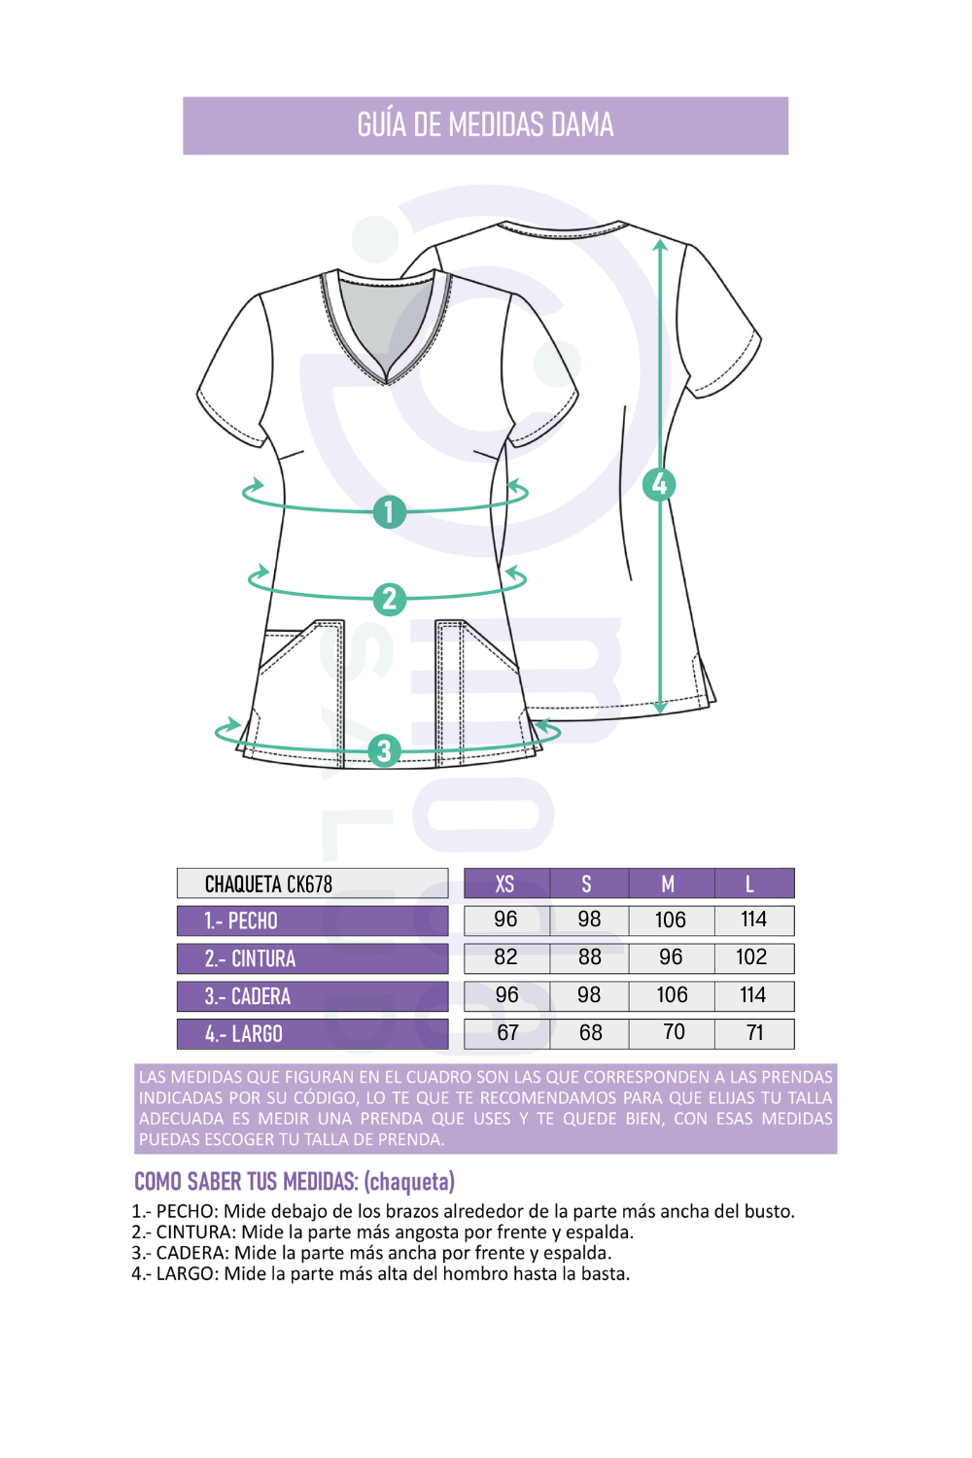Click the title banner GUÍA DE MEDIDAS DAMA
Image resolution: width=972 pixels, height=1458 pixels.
pyautogui.click(x=485, y=125)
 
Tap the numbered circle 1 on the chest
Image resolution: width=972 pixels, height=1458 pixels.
pyautogui.click(x=390, y=511)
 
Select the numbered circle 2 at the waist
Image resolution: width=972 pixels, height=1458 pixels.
pyautogui.click(x=390, y=599)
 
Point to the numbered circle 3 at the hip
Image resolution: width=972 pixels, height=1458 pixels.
pyautogui.click(x=384, y=750)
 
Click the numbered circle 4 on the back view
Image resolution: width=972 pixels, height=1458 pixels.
pyautogui.click(x=659, y=484)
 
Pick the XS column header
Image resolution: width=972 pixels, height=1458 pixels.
pyautogui.click(x=505, y=884)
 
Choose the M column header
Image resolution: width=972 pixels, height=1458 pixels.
pyautogui.click(x=672, y=884)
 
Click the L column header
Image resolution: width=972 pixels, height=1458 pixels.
pyautogui.click(x=754, y=884)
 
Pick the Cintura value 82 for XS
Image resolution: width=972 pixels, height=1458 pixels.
pyautogui.click(x=505, y=956)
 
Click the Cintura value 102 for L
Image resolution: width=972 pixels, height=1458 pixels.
pyautogui.click(x=751, y=956)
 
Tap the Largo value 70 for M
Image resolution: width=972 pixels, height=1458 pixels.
pyautogui.click(x=674, y=1031)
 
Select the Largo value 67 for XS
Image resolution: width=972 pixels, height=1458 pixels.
pyautogui.click(x=507, y=1032)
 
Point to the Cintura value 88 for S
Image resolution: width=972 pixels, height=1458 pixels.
pyautogui.click(x=590, y=956)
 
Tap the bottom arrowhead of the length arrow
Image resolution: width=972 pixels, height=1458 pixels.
pyautogui.click(x=660, y=709)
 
